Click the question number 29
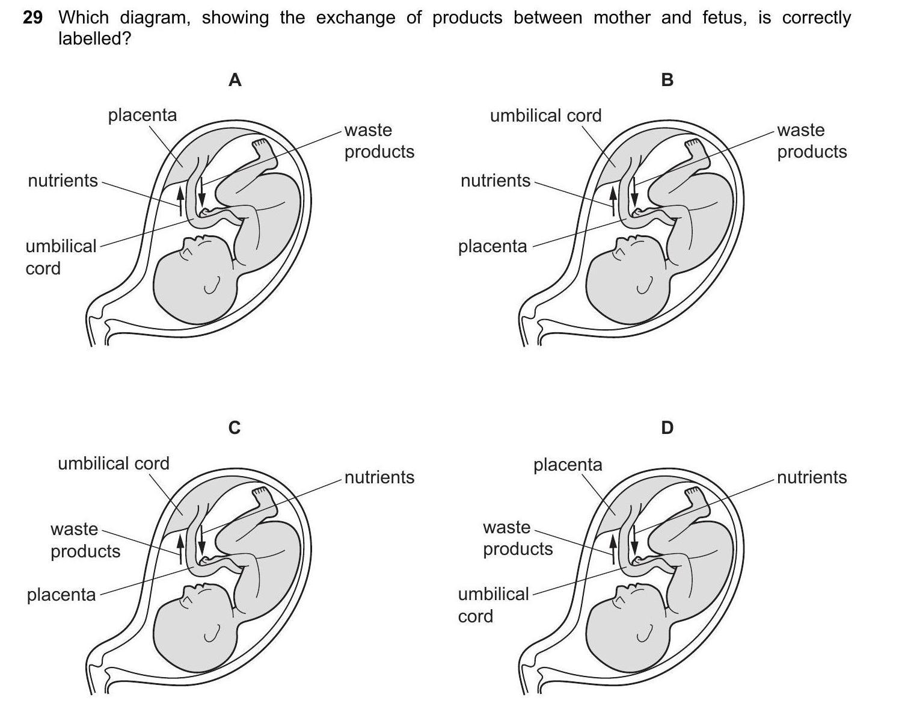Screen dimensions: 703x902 (32, 18)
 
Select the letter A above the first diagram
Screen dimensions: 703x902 (235, 80)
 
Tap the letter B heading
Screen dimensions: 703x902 (667, 80)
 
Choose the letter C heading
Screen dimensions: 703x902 (235, 428)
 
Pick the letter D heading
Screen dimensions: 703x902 (667, 428)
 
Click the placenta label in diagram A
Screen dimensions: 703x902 (143, 115)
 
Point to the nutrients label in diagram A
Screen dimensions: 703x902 (63, 181)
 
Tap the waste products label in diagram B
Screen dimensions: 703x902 (812, 141)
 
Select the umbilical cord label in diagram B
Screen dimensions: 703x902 (545, 116)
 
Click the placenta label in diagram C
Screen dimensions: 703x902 (61, 595)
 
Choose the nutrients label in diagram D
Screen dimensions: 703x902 (812, 477)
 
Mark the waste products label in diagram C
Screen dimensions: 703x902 (85, 540)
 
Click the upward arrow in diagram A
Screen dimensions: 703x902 (179, 199)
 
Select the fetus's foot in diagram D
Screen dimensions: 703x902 (693, 494)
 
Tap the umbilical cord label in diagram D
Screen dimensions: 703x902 (493, 605)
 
